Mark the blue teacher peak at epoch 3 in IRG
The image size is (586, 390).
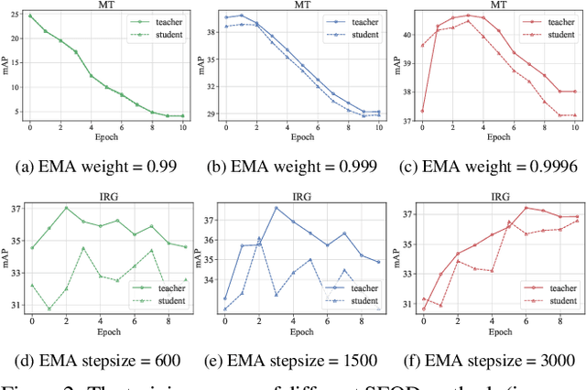tap(276, 208)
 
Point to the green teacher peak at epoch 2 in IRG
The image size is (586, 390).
tap(66, 208)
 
